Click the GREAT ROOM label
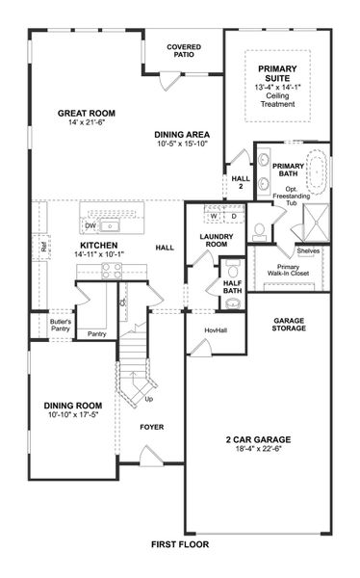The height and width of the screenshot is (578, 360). (86, 113)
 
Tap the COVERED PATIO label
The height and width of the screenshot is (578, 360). (183, 50)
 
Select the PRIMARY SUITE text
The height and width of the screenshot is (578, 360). (277, 74)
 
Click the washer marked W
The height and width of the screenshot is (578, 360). (213, 215)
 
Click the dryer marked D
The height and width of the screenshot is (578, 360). (233, 215)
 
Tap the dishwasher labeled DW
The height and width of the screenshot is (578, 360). (90, 226)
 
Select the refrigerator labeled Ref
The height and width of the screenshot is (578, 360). (44, 246)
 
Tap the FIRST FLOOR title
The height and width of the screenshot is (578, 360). (179, 544)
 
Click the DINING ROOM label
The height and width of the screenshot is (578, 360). (73, 406)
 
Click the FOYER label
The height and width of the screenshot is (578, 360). (152, 425)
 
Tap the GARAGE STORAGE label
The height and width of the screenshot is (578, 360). (290, 325)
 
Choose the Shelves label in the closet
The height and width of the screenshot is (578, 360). (309, 250)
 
